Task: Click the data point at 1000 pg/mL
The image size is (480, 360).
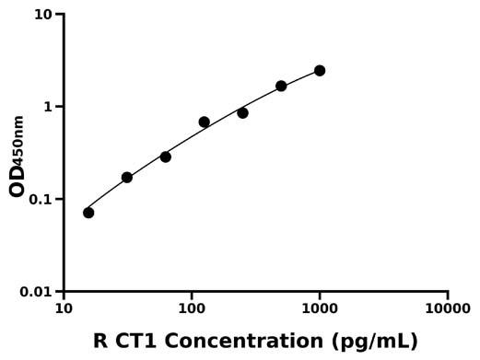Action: click(320, 71)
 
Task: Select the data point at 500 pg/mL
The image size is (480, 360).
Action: click(281, 86)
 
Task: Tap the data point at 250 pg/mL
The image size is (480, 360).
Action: click(242, 112)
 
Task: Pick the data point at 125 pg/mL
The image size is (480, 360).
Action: click(204, 122)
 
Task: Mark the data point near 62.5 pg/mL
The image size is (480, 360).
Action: click(165, 157)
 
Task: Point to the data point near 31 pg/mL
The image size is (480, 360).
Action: click(126, 177)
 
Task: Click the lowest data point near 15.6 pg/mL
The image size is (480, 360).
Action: click(88, 213)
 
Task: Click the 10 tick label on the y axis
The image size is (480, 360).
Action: click(43, 15)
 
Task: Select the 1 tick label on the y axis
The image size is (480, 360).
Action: click(49, 107)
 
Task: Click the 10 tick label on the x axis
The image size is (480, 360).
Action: click(64, 308)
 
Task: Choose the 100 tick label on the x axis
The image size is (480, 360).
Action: click(192, 308)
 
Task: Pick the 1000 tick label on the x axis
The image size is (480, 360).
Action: click(320, 308)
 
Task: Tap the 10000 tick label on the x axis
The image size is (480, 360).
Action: click(448, 308)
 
